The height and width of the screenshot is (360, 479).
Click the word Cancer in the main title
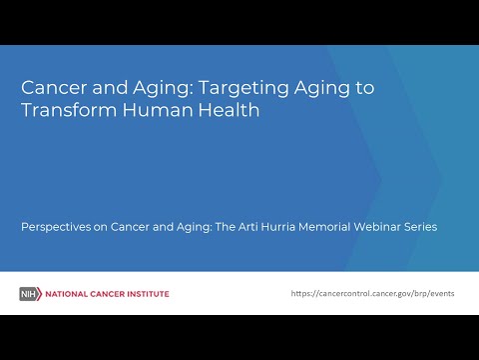click(52, 87)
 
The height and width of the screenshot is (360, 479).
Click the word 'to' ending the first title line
click(364, 87)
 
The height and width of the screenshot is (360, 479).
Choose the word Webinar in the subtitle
click(396, 227)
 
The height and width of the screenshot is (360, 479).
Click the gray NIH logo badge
click(30, 294)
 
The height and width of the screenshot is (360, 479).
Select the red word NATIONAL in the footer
click(65, 294)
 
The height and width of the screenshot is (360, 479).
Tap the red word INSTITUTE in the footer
click(146, 294)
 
